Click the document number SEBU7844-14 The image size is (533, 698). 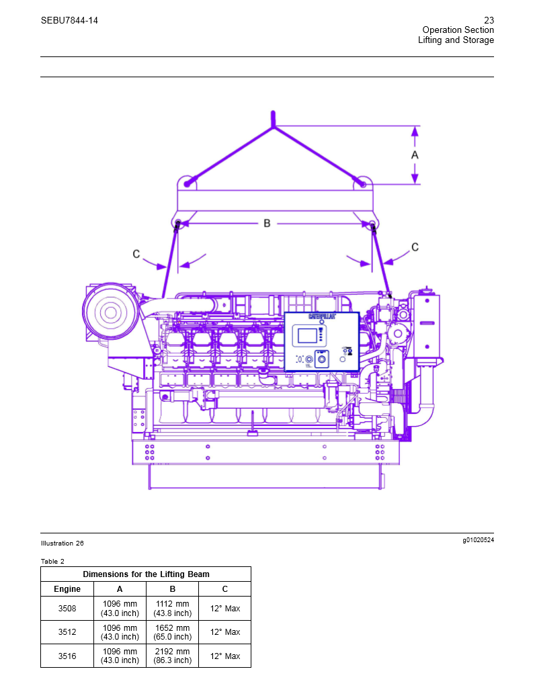click(69, 20)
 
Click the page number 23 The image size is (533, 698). click(489, 20)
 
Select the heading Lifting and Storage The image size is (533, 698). click(456, 40)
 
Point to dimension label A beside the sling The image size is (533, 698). click(415, 155)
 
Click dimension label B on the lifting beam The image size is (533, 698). click(267, 223)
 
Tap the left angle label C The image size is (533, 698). click(136, 254)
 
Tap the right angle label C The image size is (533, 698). click(415, 247)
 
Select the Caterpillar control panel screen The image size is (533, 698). click(306, 335)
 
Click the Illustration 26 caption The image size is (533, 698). click(62, 543)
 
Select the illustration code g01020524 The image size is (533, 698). click(477, 540)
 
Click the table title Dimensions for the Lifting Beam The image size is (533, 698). click(146, 574)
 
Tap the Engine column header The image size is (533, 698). click(67, 589)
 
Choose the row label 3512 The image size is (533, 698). click(67, 632)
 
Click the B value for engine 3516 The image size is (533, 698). click(172, 656)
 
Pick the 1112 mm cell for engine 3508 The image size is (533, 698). click(172, 609)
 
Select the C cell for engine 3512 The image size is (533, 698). click(224, 632)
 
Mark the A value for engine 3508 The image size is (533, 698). click(120, 609)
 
